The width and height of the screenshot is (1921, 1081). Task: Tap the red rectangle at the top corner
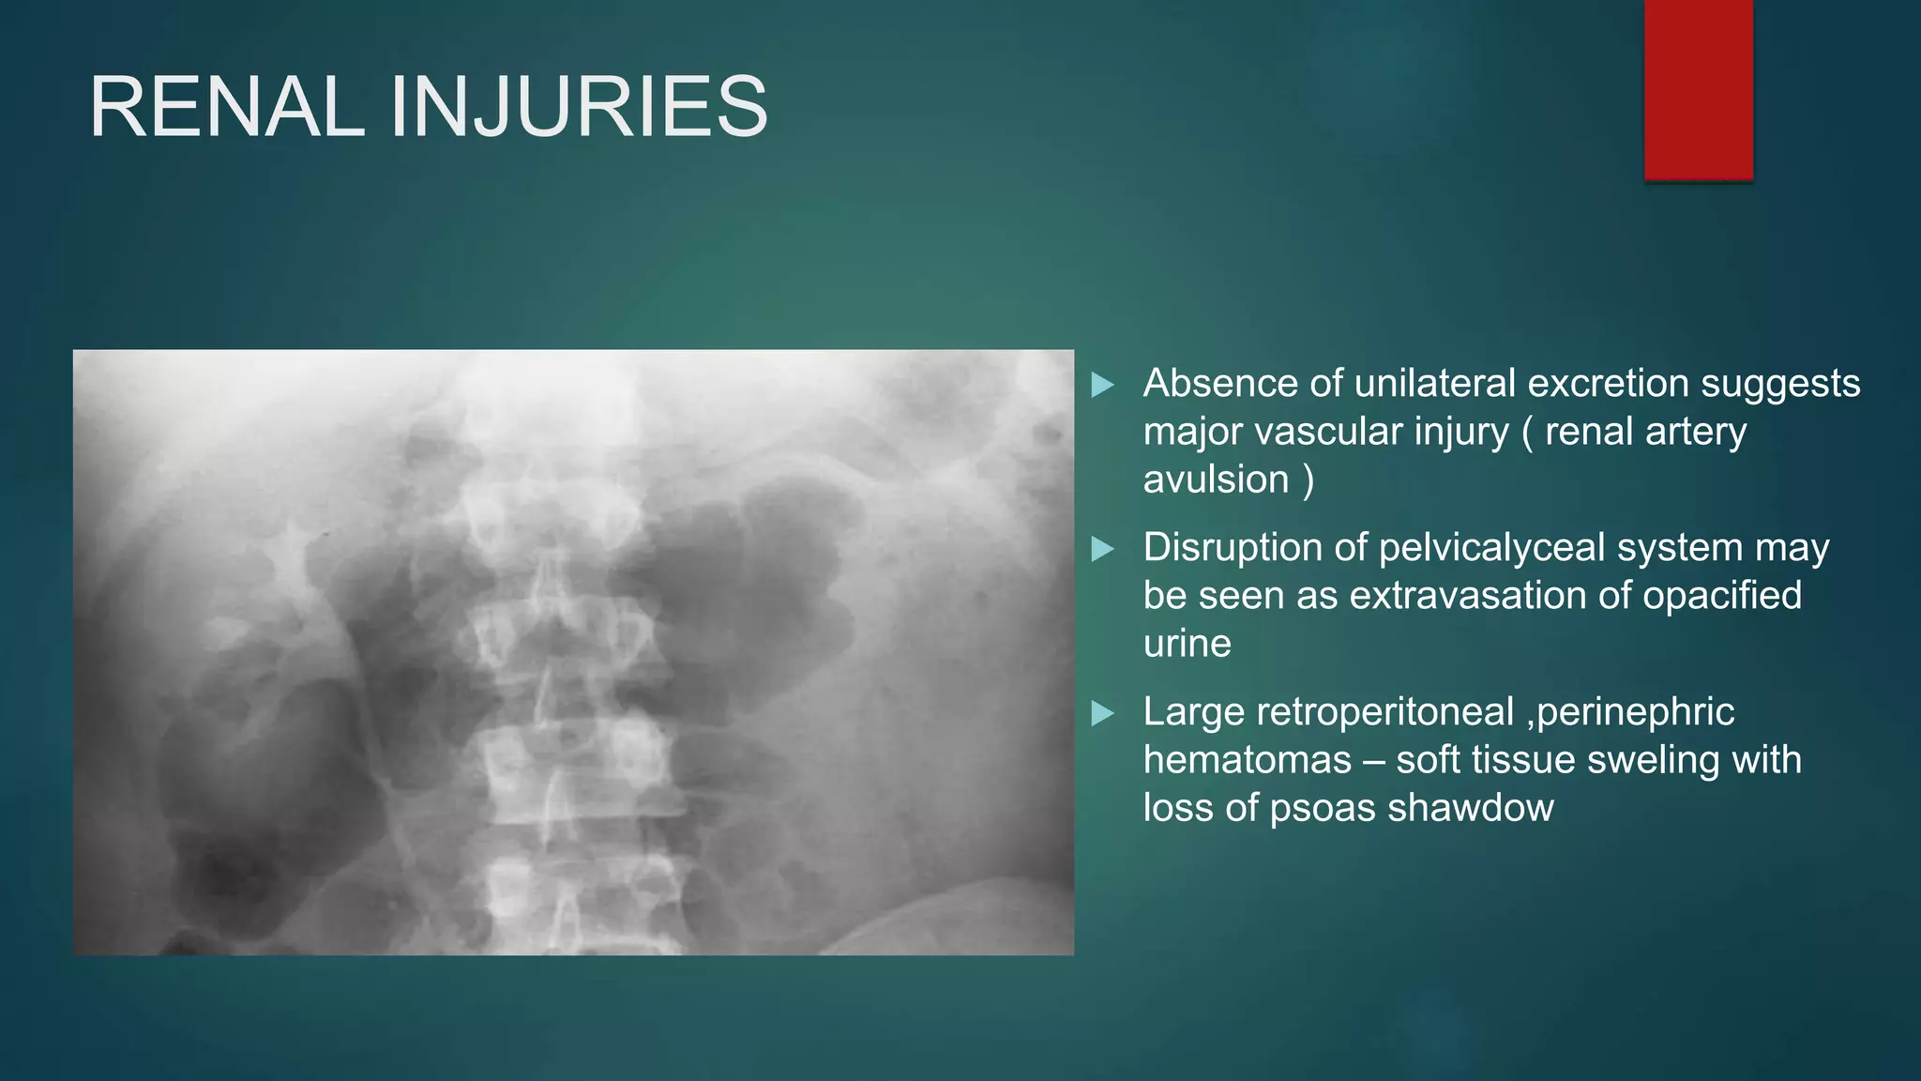(1698, 90)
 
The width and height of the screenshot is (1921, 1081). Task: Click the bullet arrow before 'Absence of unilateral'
(1103, 385)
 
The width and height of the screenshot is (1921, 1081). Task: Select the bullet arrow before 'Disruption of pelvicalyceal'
(1103, 549)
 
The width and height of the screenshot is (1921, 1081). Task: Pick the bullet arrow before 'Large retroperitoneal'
(1103, 713)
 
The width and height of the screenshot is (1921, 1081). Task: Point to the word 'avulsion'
(1216, 480)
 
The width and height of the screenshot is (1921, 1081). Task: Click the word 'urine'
(1187, 644)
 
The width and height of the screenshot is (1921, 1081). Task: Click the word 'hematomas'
(1247, 760)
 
